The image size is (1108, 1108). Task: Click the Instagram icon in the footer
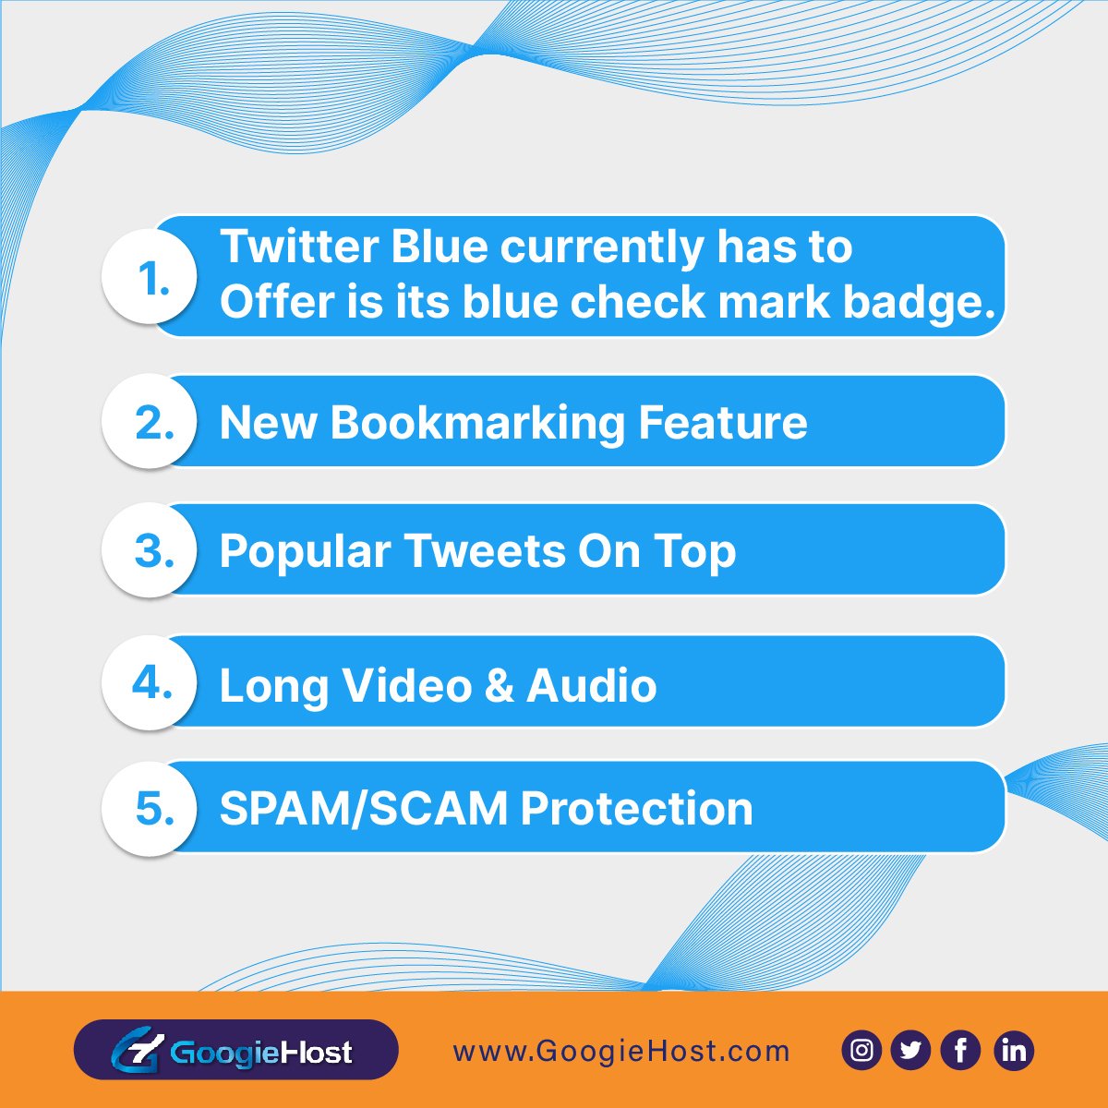pyautogui.click(x=861, y=1051)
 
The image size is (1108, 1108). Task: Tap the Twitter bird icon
pyautogui.click(x=910, y=1051)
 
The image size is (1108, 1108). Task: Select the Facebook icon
pyautogui.click(x=961, y=1051)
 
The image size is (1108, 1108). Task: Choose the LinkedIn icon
pyautogui.click(x=1013, y=1051)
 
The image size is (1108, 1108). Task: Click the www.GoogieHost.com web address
pyautogui.click(x=621, y=1052)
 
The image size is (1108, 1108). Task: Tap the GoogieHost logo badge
pyautogui.click(x=235, y=1050)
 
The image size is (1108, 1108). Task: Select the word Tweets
pyautogui.click(x=484, y=551)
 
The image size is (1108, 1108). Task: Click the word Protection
pyautogui.click(x=636, y=808)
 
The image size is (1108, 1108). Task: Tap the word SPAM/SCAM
pyautogui.click(x=363, y=808)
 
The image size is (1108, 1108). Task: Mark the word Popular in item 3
pyautogui.click(x=305, y=552)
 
